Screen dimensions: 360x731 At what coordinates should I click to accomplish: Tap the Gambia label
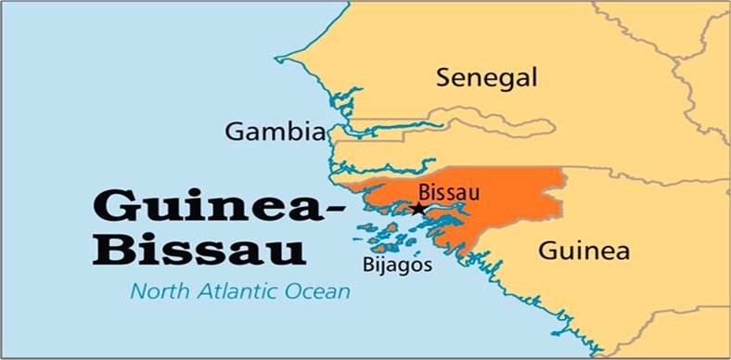(274, 133)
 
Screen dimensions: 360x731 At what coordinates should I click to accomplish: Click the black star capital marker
(418, 209)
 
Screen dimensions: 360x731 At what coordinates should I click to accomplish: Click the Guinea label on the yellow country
(584, 251)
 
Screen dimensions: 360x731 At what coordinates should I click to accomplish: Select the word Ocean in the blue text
(320, 292)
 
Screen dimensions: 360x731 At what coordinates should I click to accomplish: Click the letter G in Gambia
(233, 133)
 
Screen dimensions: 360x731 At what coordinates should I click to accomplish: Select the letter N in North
(137, 292)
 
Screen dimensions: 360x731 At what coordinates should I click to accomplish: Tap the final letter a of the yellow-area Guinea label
(622, 251)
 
